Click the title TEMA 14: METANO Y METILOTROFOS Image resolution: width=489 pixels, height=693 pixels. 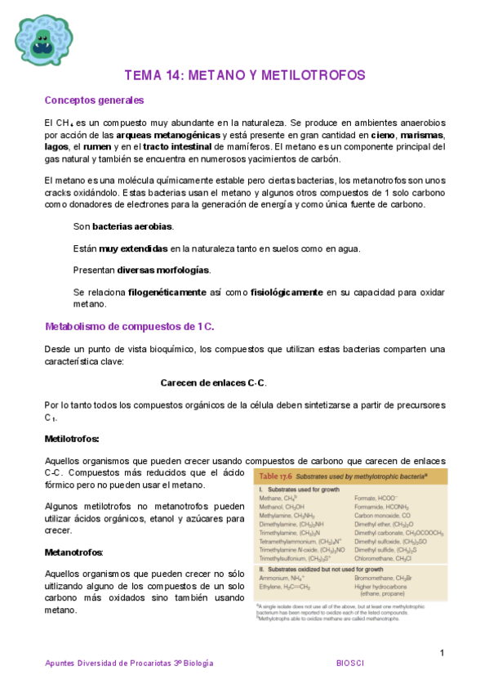point(244,75)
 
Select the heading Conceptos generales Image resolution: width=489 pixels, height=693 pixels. point(94,101)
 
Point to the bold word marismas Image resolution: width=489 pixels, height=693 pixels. point(422,134)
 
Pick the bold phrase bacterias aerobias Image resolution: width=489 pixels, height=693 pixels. point(132,226)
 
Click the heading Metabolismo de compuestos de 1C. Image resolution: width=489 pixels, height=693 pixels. point(129,327)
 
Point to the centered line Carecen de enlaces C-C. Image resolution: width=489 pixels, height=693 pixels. point(213,383)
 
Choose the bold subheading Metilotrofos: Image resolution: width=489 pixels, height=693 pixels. point(72,439)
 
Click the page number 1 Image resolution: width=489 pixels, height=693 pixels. point(442,653)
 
